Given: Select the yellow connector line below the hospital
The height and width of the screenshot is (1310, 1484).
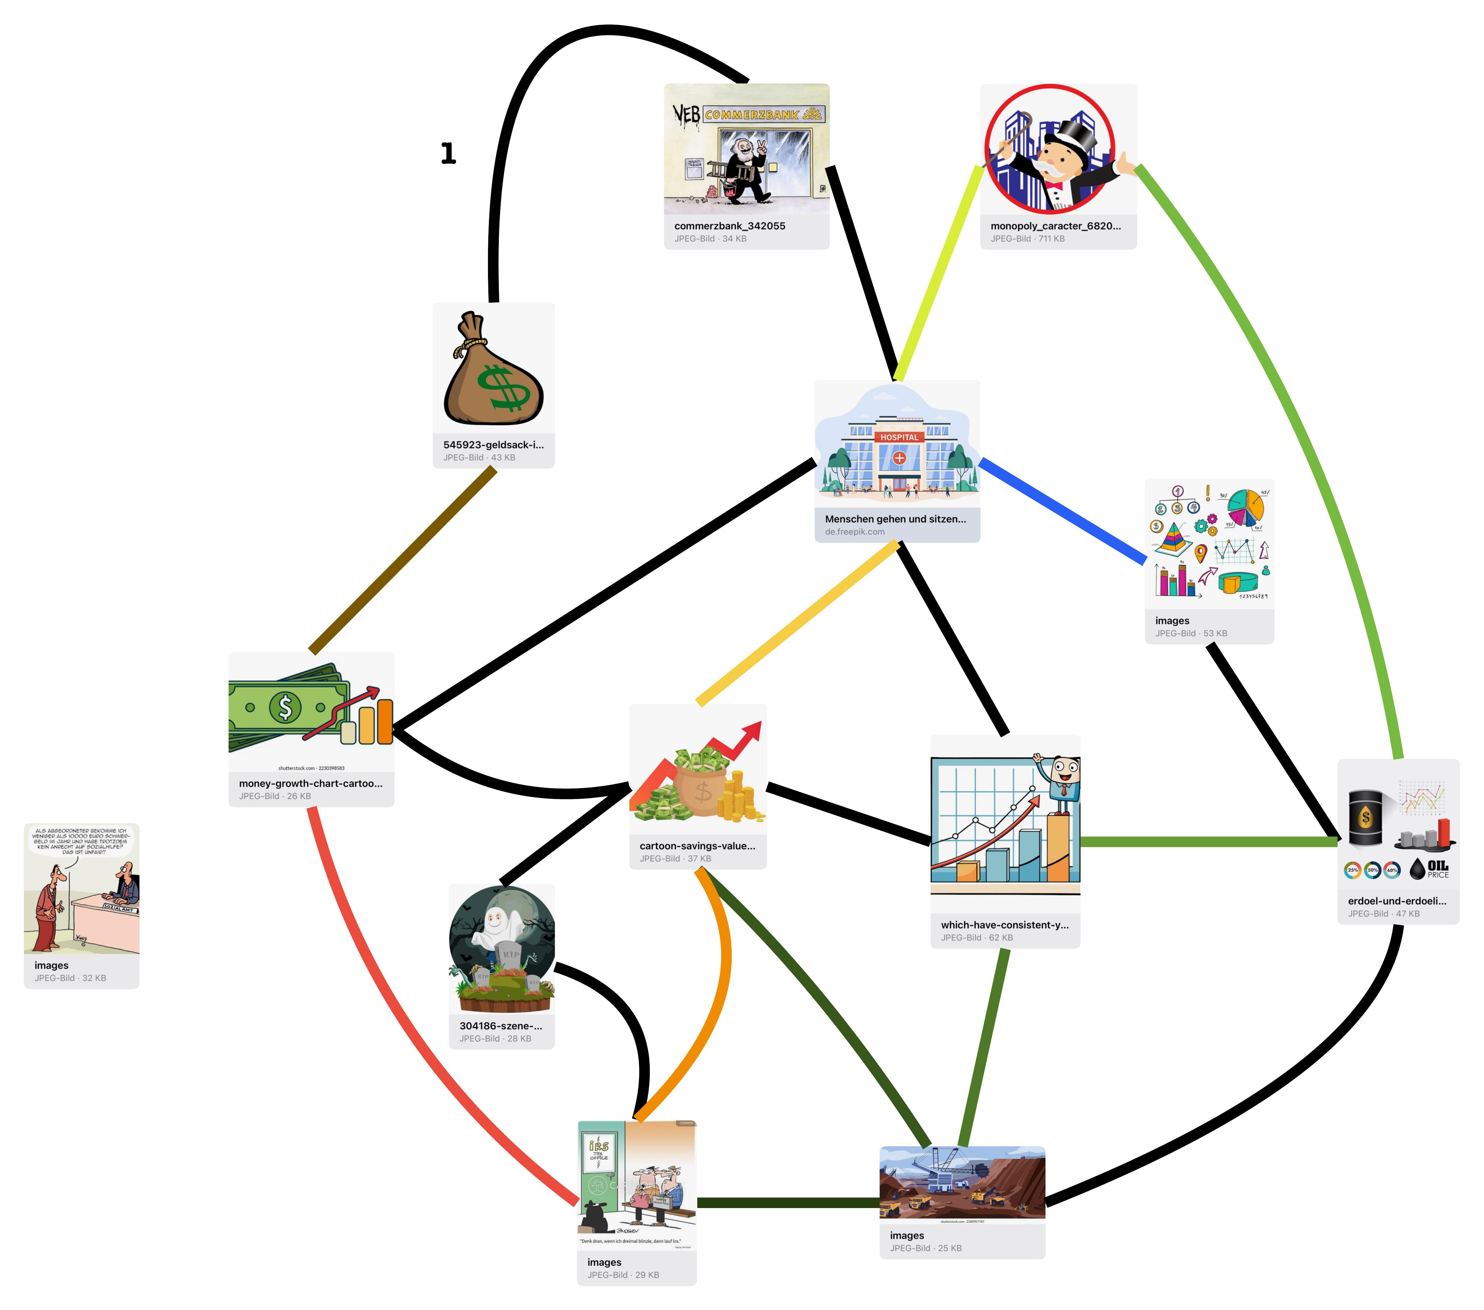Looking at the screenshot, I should tap(797, 623).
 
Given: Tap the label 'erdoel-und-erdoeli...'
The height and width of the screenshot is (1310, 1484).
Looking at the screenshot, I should tap(1397, 901).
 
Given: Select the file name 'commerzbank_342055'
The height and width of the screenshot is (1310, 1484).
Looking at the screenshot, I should tap(730, 226).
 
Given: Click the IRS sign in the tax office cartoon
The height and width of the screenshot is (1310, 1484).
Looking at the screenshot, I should tap(599, 1147).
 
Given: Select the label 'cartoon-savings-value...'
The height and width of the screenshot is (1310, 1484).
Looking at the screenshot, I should tap(697, 846).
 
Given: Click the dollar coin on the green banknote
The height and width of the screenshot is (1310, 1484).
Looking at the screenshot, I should tap(285, 707).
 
